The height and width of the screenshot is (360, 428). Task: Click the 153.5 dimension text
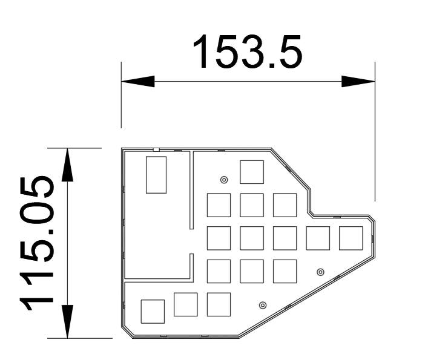click(248, 52)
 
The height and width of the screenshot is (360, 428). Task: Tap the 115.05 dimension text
click(37, 243)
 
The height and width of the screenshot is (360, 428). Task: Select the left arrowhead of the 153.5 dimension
click(138, 81)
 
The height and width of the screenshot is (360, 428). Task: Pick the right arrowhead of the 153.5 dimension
click(358, 81)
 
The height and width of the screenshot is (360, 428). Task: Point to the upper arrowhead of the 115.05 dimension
click(67, 165)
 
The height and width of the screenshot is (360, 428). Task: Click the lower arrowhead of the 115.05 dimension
click(67, 321)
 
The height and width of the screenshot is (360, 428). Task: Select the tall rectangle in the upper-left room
click(156, 175)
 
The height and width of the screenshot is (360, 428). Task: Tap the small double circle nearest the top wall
click(224, 180)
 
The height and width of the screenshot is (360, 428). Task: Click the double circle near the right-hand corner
click(320, 272)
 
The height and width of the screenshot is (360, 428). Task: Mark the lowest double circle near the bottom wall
click(263, 305)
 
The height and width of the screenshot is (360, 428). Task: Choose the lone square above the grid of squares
click(252, 172)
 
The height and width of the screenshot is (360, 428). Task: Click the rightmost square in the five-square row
click(351, 238)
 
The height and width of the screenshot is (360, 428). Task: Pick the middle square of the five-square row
click(285, 238)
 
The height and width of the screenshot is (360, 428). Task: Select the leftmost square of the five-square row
click(219, 238)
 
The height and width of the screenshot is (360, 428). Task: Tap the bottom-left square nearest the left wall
click(153, 312)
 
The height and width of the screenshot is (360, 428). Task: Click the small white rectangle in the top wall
click(156, 149)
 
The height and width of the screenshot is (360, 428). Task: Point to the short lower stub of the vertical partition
click(192, 268)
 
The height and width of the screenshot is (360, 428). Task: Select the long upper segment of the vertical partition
click(192, 190)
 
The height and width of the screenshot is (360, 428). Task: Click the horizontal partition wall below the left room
click(157, 280)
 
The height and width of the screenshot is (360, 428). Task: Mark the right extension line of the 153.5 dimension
click(375, 131)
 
